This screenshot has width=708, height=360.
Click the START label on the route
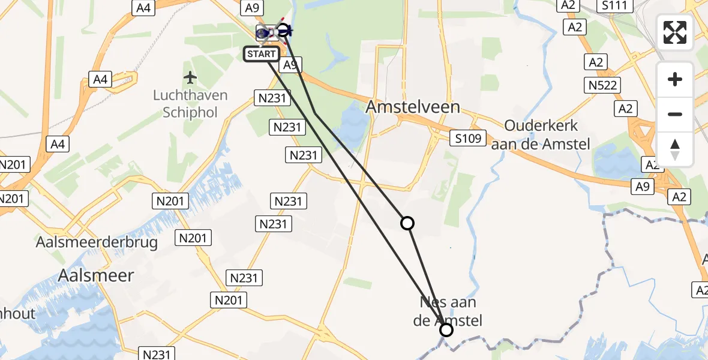(x=261, y=54)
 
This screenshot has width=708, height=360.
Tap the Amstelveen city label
(x=413, y=107)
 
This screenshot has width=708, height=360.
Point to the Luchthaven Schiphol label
(x=190, y=104)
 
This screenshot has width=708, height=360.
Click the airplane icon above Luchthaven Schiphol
(x=191, y=78)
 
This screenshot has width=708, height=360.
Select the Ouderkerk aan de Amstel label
(x=541, y=135)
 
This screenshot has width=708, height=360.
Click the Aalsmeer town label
(x=96, y=275)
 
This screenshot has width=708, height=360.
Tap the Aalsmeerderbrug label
(x=97, y=242)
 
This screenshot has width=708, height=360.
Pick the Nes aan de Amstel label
(x=448, y=312)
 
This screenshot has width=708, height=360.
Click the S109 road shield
(x=467, y=139)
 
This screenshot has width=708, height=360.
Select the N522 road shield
(x=603, y=85)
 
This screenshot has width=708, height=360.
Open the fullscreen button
(x=675, y=32)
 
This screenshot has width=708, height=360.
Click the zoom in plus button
(x=675, y=80)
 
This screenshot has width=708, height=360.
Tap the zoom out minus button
(x=675, y=114)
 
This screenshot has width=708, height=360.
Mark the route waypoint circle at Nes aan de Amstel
(x=446, y=330)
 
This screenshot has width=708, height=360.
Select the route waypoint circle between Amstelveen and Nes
(x=407, y=223)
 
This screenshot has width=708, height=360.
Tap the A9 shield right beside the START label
(x=290, y=65)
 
